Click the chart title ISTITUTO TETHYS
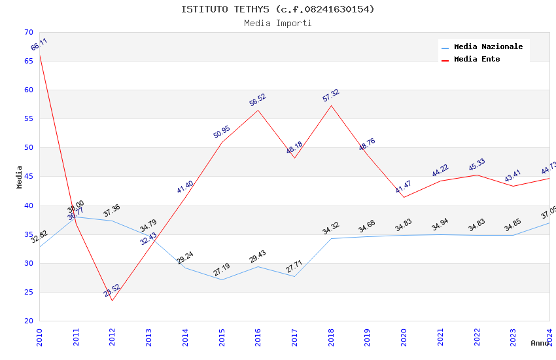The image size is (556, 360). (x=278, y=9)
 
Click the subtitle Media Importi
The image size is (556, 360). (x=278, y=24)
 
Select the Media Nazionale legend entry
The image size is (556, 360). (x=488, y=47)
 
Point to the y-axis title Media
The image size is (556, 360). (x=20, y=177)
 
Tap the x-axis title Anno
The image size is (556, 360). (x=540, y=343)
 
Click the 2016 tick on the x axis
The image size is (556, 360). (x=258, y=334)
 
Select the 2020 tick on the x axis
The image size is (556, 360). (x=404, y=334)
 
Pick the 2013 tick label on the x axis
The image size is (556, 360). (x=149, y=334)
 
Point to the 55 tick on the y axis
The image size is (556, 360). (x=28, y=119)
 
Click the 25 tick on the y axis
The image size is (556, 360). (x=28, y=292)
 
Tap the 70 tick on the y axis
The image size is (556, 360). (x=28, y=33)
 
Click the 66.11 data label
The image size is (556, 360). (x=39, y=45)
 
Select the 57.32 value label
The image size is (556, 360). (x=331, y=96)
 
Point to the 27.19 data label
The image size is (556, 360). (x=222, y=270)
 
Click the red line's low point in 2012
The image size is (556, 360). (x=113, y=300)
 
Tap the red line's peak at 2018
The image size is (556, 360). (x=331, y=105)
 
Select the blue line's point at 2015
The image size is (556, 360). (x=222, y=279)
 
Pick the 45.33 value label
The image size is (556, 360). (x=477, y=165)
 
